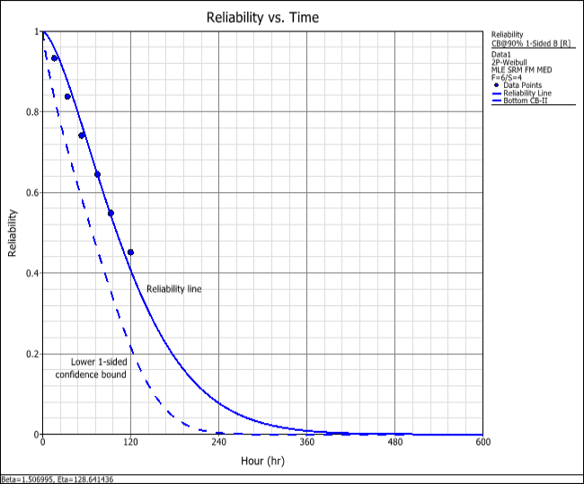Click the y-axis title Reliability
[x=13, y=233]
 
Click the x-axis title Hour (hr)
[x=263, y=461]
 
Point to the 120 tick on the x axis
[x=131, y=443]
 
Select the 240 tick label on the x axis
[x=219, y=443]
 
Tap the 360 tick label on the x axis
[x=307, y=443]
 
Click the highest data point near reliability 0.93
[x=55, y=57]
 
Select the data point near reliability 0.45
[x=130, y=252]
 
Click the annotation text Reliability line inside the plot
[x=173, y=288]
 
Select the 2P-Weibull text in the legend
[x=508, y=62]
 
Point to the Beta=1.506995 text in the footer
[x=27, y=480]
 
